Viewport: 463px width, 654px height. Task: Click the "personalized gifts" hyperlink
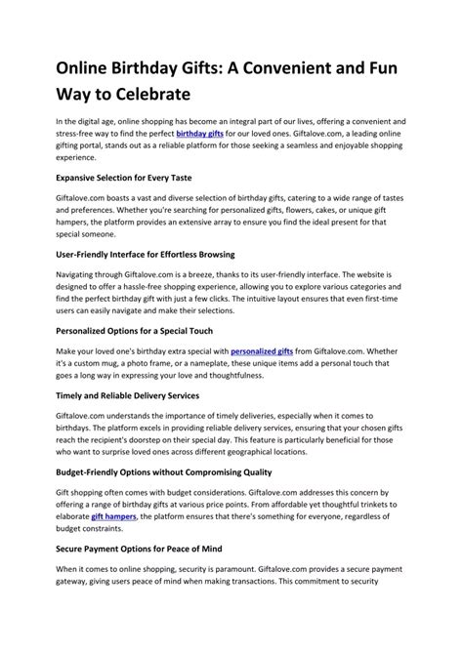click(262, 349)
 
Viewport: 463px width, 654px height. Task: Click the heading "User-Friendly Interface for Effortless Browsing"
click(159, 253)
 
